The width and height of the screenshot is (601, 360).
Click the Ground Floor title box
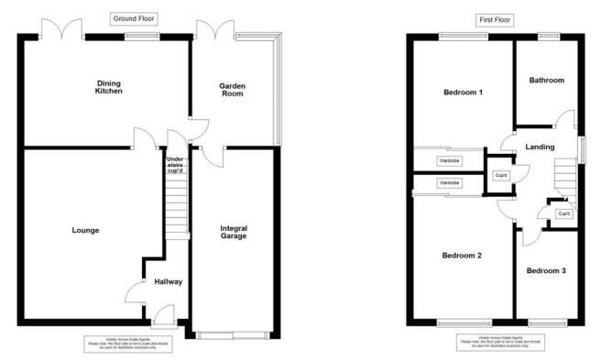[133, 18]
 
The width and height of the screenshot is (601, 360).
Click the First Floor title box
[496, 18]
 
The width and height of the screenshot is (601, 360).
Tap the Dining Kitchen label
[110, 88]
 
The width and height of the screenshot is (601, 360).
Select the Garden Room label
[232, 90]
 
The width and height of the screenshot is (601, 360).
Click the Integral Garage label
[234, 232]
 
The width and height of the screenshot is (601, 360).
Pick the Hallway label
[168, 282]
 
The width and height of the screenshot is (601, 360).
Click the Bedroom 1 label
[463, 93]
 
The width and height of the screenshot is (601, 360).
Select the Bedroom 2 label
[462, 256]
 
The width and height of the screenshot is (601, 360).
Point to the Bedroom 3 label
[545, 270]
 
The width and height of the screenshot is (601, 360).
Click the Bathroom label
[546, 81]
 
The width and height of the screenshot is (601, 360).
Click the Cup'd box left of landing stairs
[502, 175]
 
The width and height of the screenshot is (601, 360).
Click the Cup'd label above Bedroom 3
[563, 213]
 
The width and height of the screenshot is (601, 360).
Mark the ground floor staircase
[176, 206]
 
